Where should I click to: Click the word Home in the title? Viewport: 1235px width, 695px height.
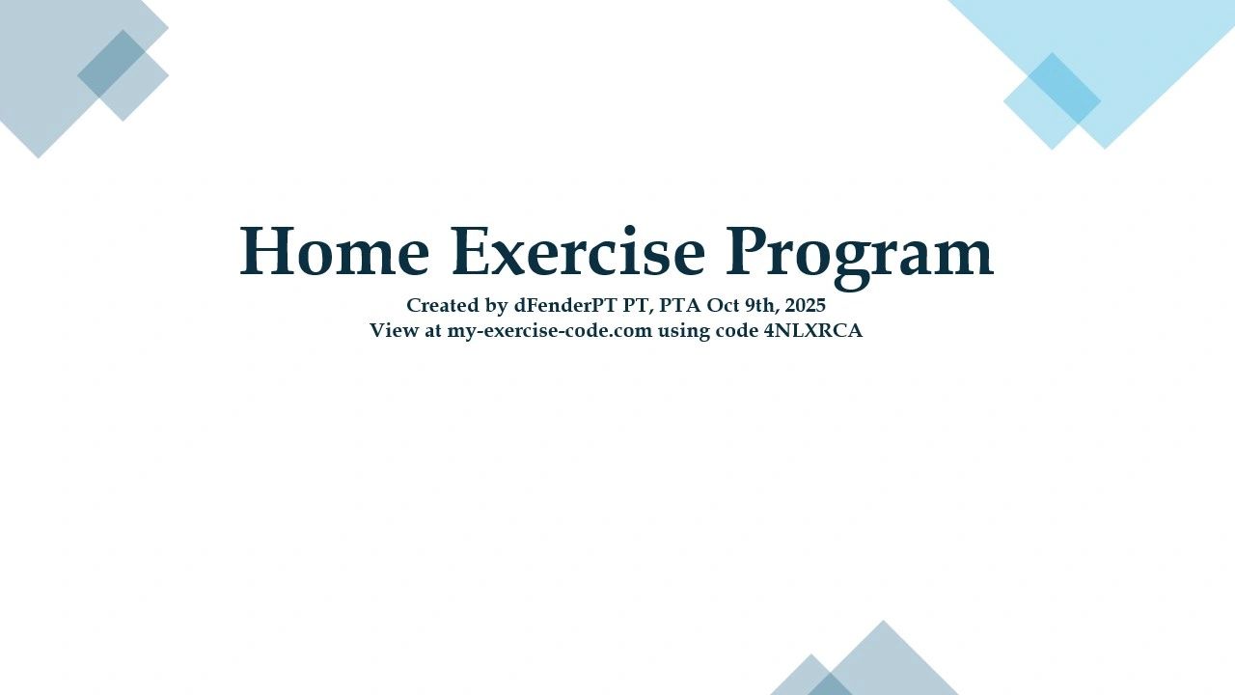[x=334, y=251]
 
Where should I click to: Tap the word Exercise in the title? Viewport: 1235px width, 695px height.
[x=578, y=251]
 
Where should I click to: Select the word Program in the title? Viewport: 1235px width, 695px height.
[x=860, y=257]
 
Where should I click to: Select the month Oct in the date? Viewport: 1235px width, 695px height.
[x=723, y=305]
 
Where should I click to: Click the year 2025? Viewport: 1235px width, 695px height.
[x=806, y=305]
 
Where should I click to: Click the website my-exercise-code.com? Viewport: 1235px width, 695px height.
[x=549, y=331]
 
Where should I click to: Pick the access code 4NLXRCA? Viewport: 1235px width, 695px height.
[x=813, y=330]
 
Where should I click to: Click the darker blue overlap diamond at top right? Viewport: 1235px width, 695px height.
[x=1064, y=88]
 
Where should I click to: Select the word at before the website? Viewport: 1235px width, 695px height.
[x=433, y=331]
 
